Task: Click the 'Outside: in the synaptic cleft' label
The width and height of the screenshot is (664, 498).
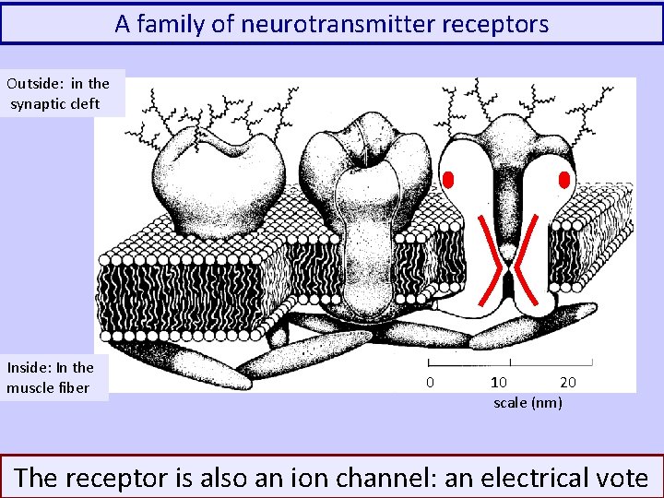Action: tap(60, 93)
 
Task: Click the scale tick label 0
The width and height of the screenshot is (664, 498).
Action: tap(430, 382)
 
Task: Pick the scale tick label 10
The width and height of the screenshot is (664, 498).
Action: tap(498, 382)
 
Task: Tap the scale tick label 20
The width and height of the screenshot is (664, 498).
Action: tap(569, 382)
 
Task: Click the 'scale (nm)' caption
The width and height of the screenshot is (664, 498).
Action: tap(528, 403)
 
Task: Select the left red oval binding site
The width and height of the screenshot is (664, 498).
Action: tap(449, 178)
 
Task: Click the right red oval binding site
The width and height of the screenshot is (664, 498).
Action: tap(564, 178)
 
